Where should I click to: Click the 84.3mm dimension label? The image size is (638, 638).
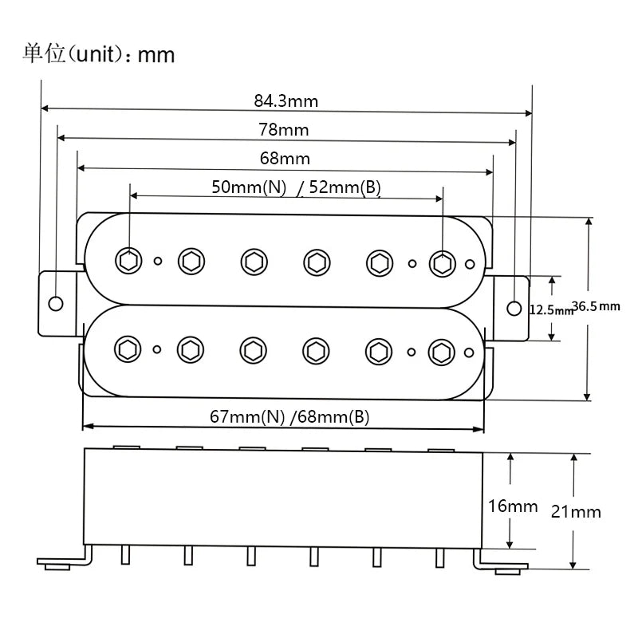286,101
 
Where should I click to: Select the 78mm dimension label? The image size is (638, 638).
284,130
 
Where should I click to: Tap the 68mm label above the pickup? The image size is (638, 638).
285,158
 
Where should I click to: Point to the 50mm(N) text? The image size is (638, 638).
249,187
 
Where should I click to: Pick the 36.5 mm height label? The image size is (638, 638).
596,306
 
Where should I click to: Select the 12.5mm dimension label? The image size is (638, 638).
551,309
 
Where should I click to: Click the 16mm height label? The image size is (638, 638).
513,506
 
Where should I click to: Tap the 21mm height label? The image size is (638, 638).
576,512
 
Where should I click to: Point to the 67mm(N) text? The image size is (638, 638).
247,416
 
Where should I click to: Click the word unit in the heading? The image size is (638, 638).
96,54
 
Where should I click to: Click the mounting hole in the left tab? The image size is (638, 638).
55,304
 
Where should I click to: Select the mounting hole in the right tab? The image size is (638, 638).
514,309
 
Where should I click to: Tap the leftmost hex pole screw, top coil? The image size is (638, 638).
128,261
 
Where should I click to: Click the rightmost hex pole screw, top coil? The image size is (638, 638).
443,264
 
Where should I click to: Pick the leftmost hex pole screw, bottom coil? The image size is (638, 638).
128,349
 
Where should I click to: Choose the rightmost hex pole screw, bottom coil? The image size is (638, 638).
442,352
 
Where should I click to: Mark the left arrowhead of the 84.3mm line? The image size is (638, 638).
45,108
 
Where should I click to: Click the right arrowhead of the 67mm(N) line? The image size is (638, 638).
479,429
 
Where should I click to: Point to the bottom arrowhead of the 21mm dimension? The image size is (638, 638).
573,565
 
